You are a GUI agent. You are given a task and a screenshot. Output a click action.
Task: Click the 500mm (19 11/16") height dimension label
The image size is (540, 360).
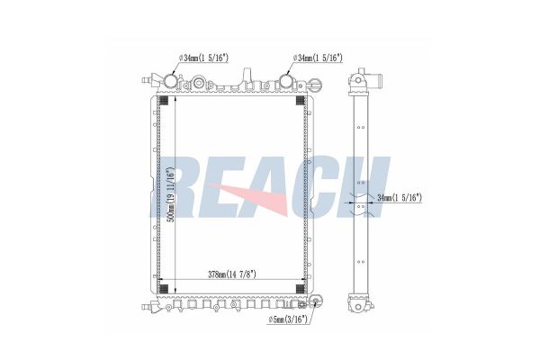pyautogui.click(x=170, y=195)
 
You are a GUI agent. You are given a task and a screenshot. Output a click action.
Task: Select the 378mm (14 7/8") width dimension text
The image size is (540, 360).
pyautogui.click(x=232, y=274)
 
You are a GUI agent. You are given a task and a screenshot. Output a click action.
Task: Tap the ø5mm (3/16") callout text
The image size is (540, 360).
pyautogui.click(x=288, y=320)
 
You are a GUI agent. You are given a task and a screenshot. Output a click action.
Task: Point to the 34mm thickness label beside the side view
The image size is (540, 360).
pyautogui.click(x=400, y=198)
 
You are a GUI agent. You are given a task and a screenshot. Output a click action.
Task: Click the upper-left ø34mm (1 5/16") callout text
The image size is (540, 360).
pyautogui.click(x=203, y=58)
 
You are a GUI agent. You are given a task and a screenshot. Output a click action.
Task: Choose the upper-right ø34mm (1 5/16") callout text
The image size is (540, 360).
pyautogui.click(x=318, y=58)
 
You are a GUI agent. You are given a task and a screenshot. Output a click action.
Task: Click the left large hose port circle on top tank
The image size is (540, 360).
pyautogui.click(x=170, y=81)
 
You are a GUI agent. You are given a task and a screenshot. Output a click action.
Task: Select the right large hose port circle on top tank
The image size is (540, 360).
pyautogui.click(x=286, y=81)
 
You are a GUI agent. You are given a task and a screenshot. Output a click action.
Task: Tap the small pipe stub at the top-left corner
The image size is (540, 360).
pyautogui.click(x=148, y=81)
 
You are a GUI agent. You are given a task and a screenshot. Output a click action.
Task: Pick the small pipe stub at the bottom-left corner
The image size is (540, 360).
pyautogui.click(x=148, y=307)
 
